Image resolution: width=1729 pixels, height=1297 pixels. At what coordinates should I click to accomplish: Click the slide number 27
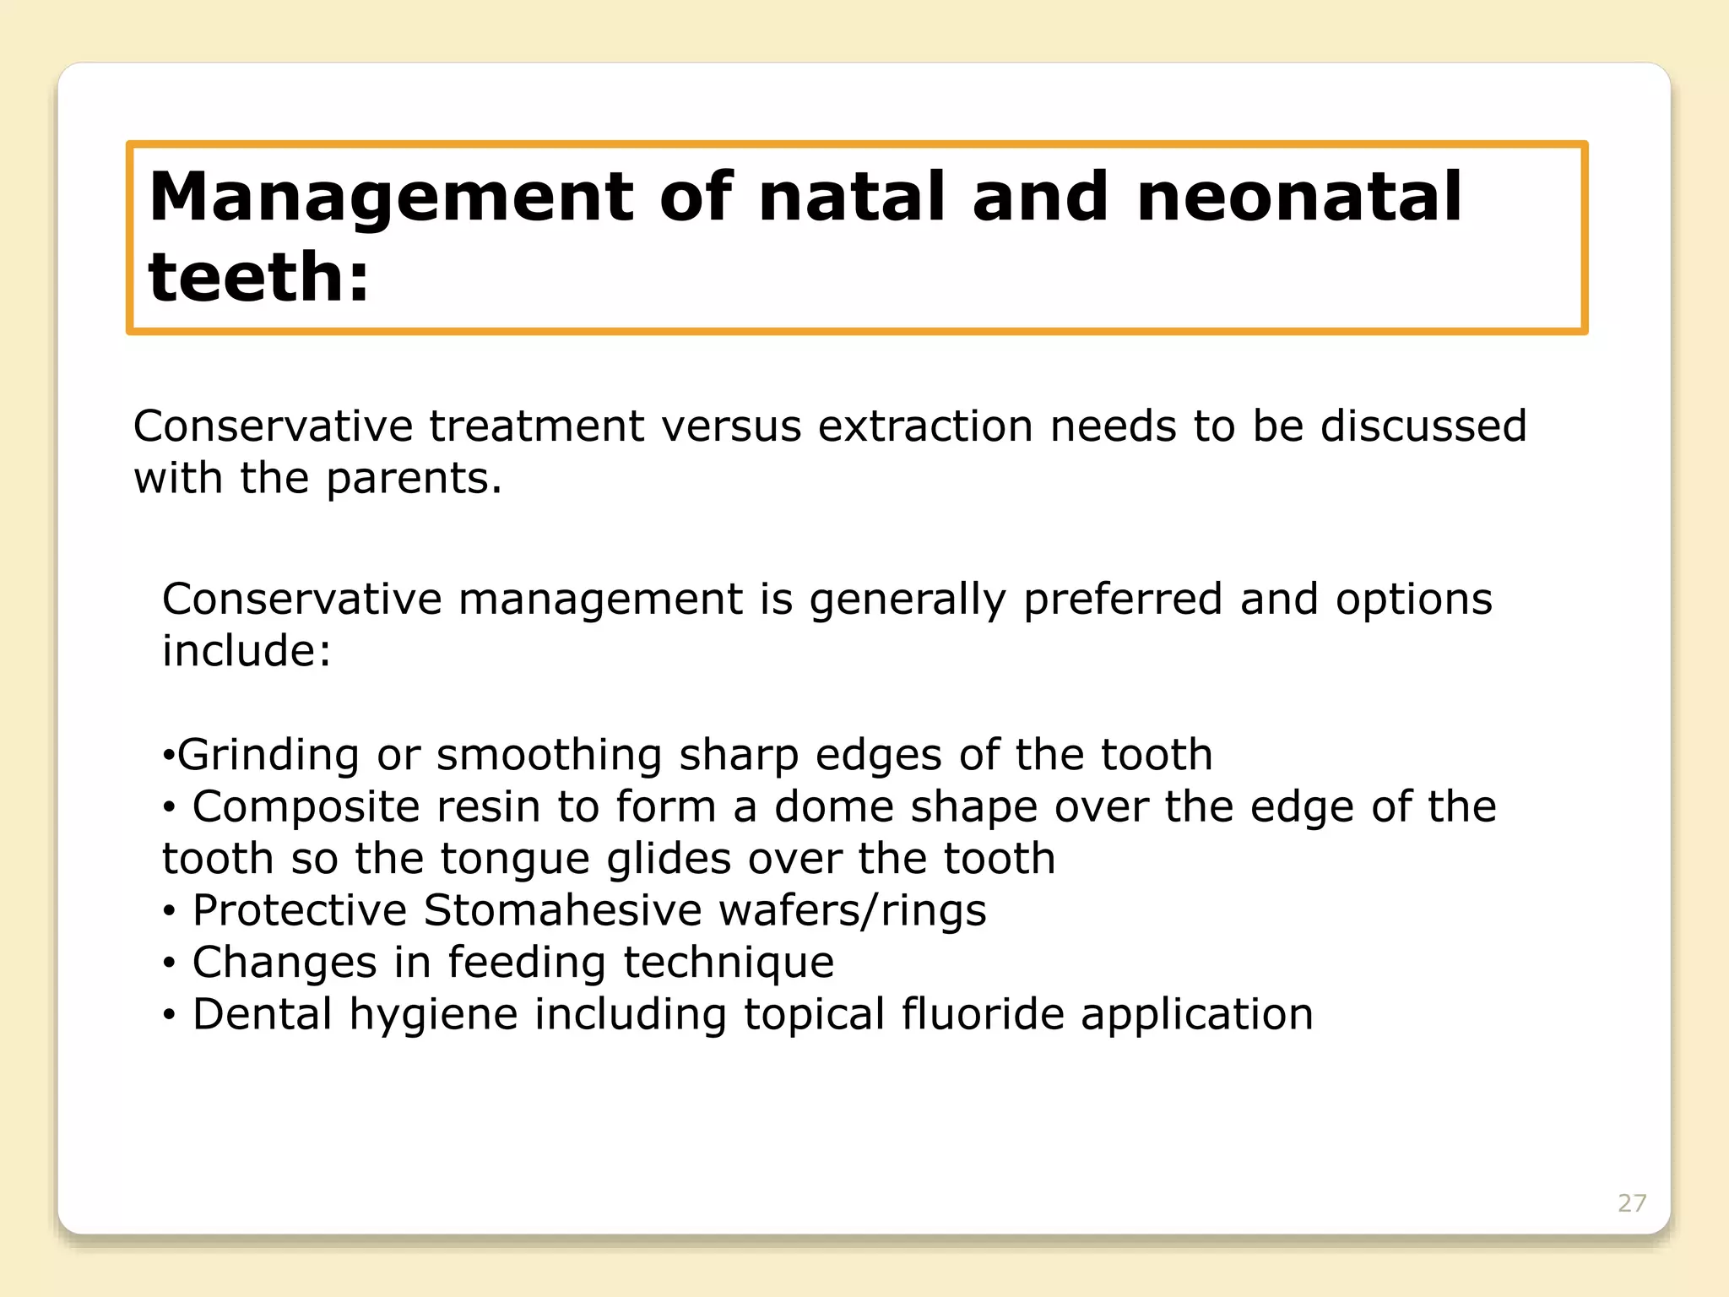[x=1631, y=1203]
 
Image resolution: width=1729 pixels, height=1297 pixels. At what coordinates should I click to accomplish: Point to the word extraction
[x=924, y=426]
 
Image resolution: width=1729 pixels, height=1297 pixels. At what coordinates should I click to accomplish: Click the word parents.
[x=414, y=479]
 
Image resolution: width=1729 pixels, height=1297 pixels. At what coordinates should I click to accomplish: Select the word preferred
[x=1122, y=600]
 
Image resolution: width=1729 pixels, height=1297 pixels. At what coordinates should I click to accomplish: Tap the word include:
[x=247, y=652]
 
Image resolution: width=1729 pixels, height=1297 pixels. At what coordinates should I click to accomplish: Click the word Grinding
[x=268, y=755]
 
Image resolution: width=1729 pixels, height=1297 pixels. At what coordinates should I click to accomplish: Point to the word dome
[x=833, y=807]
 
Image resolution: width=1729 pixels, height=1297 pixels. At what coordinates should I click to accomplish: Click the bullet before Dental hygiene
[x=170, y=1016]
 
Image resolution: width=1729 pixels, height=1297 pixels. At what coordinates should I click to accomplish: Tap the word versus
[x=731, y=426]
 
